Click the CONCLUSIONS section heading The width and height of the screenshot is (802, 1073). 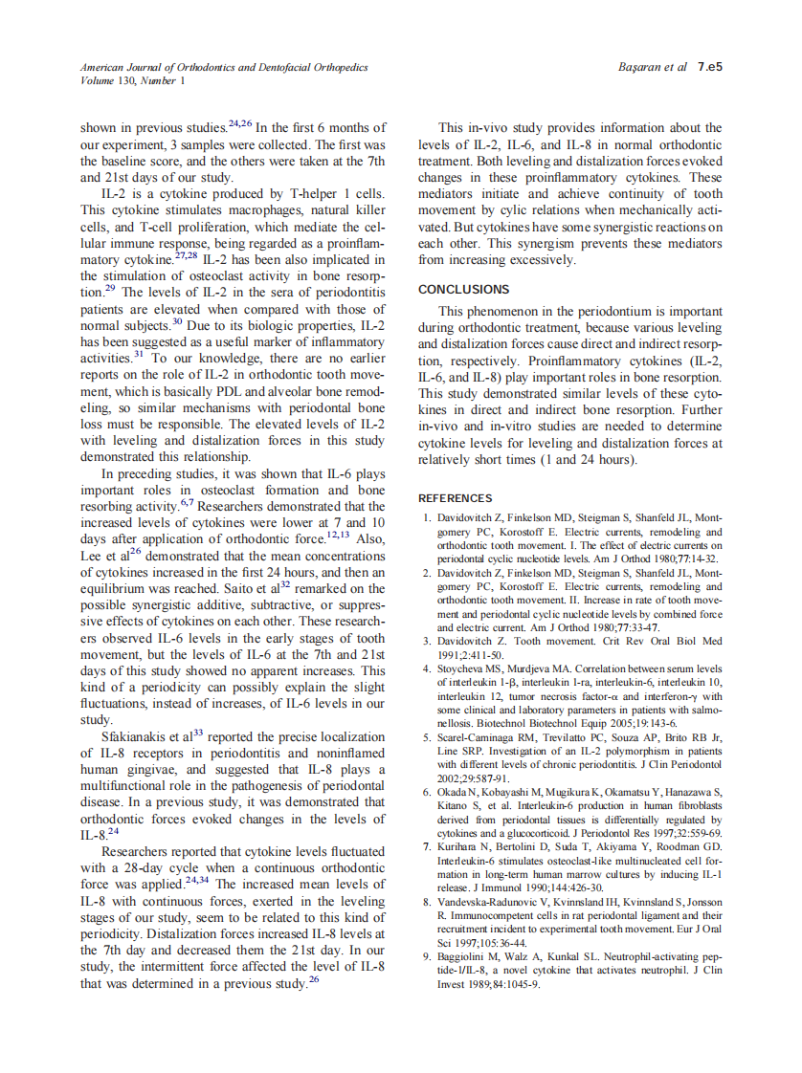click(464, 289)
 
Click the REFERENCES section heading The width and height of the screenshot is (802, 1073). click(456, 498)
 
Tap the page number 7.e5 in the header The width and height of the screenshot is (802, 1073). click(709, 67)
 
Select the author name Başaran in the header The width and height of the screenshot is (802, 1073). click(641, 67)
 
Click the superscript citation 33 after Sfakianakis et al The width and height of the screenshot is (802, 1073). click(198, 733)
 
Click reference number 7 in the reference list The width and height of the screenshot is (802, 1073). click(427, 848)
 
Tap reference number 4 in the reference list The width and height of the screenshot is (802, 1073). click(427, 668)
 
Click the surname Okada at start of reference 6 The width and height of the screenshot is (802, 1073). click(453, 793)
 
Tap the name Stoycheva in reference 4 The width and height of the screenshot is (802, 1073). click(464, 668)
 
